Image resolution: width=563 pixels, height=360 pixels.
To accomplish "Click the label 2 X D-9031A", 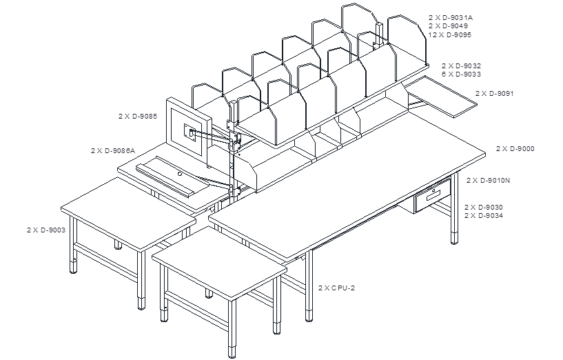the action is coord(450,17).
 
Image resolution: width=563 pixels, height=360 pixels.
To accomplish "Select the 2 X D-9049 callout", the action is coord(448,26).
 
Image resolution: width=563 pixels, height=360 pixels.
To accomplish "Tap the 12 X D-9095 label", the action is coord(450,35).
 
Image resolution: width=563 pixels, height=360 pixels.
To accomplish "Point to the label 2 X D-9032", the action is coord(462,66).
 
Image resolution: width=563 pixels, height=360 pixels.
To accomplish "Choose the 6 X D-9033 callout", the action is coord(462,74).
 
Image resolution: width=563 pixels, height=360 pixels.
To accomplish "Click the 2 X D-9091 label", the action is coord(495,93).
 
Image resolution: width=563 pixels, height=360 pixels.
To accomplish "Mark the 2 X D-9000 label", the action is coord(515,148).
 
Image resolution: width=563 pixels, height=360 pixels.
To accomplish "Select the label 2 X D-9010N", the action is coord(489,180).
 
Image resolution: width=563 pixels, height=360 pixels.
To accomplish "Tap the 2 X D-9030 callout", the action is coord(484,207).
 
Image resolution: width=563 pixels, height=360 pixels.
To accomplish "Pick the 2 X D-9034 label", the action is coord(484,216).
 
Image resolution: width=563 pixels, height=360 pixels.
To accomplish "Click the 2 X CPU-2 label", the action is coord(336,288).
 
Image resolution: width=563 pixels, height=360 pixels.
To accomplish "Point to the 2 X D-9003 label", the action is coord(46,230).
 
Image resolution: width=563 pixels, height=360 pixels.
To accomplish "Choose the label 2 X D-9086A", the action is coord(113,150).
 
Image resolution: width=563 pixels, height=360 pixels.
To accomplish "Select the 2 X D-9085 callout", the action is coord(138,117).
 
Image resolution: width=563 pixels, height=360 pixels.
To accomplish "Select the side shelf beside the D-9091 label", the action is coord(442,96).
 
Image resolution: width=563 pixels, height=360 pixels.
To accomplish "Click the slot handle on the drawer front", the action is coord(433,195).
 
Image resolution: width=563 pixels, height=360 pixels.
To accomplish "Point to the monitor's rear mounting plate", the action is coord(190,132).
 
